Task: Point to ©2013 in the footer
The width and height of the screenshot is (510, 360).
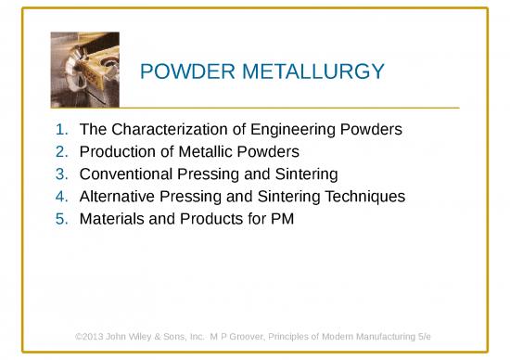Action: click(x=90, y=334)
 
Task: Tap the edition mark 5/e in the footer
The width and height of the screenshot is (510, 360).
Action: click(x=426, y=334)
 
